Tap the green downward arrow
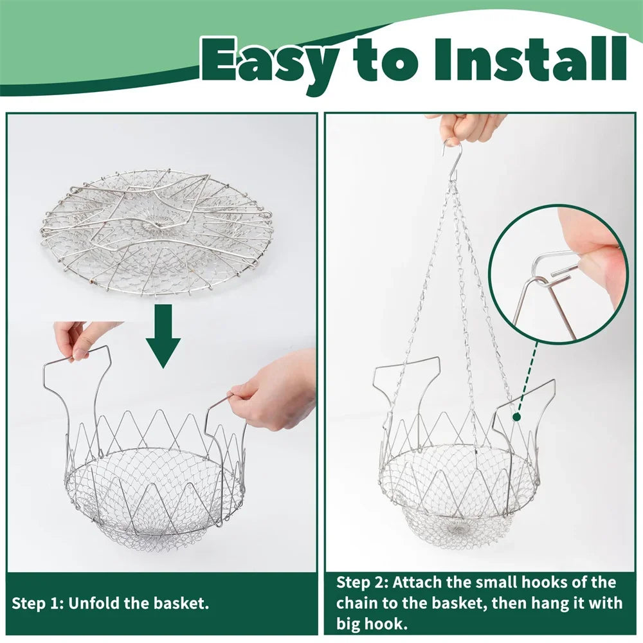pos(163,336)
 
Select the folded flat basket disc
pos(157,231)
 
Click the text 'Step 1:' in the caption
pos(37,604)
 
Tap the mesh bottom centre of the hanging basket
pos(458,527)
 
